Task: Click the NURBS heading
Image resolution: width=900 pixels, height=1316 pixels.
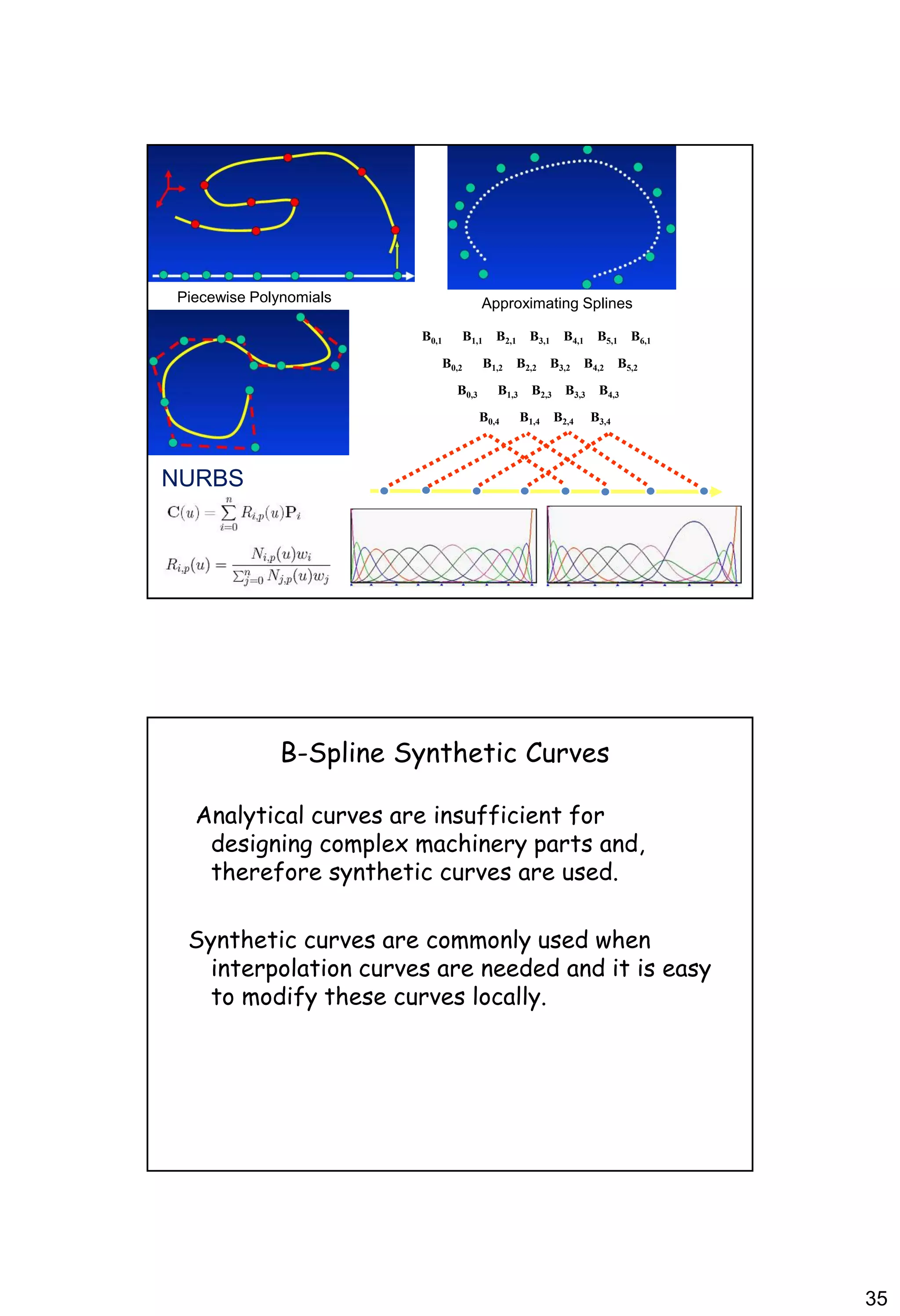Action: (x=202, y=479)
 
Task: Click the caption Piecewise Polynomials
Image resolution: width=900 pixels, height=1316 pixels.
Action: (x=254, y=297)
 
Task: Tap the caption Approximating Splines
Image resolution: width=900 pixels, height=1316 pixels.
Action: (x=556, y=304)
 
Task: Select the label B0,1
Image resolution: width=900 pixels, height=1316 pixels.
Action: (x=432, y=337)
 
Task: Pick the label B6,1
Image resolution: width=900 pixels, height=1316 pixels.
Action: (x=641, y=337)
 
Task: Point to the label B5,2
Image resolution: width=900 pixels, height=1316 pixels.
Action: (x=627, y=364)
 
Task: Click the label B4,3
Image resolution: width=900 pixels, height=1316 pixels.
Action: (x=609, y=392)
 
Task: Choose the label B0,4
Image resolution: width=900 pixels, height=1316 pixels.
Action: (x=489, y=418)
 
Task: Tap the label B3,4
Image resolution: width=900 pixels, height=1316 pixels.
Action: (x=600, y=418)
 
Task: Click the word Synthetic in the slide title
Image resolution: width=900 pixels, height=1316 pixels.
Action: (x=456, y=754)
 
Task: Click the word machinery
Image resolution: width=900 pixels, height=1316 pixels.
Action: (x=471, y=844)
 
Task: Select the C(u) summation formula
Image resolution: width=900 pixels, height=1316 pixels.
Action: (x=233, y=514)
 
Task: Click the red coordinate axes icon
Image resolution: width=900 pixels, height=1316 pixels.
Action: (x=169, y=188)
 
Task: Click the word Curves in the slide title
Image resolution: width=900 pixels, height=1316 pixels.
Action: (x=567, y=754)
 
